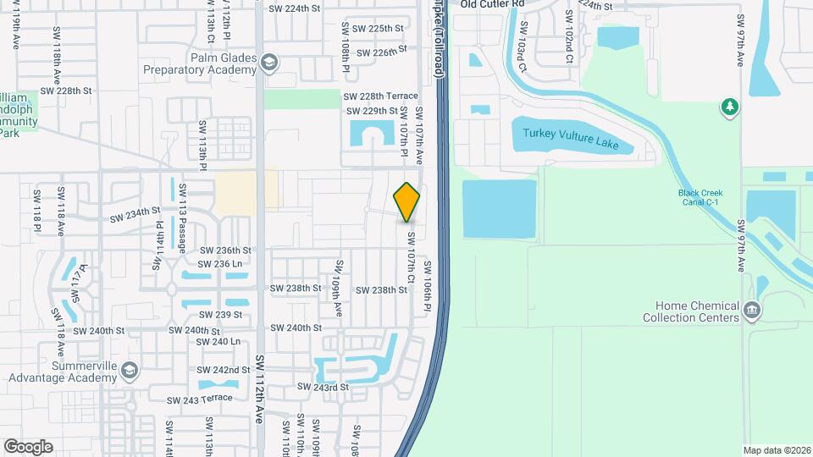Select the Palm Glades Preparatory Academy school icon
(x=269, y=63)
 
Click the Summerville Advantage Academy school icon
(x=129, y=370)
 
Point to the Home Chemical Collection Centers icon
(x=751, y=311)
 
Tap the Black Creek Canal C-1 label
(x=700, y=197)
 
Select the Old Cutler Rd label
(x=492, y=4)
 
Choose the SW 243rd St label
(x=322, y=388)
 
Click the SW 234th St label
(x=135, y=214)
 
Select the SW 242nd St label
(x=225, y=371)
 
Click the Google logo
(x=29, y=446)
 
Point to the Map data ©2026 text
(x=776, y=450)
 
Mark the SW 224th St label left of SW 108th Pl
(x=295, y=8)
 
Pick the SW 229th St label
(x=372, y=111)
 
